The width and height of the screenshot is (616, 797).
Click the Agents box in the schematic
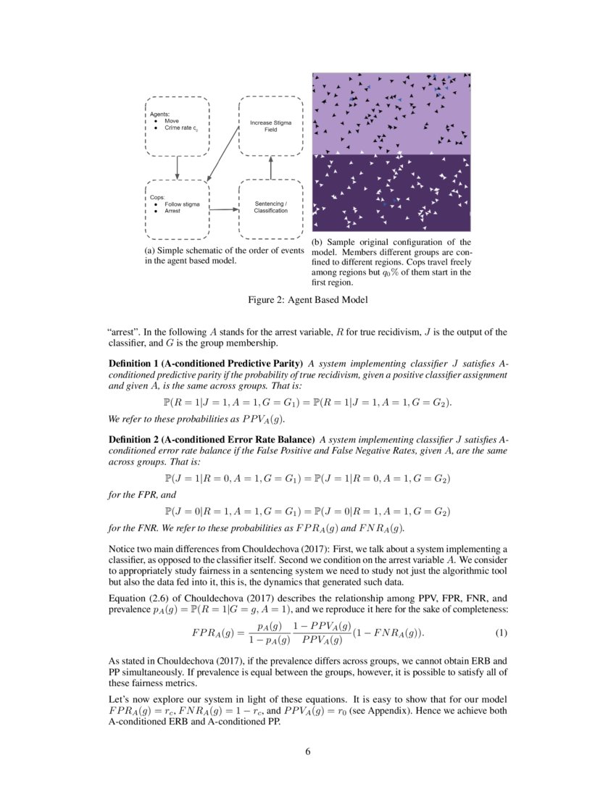pyautogui.click(x=177, y=124)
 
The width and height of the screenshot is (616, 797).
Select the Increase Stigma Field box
pyautogui.click(x=270, y=124)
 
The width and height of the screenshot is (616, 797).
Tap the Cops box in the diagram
pyautogui.click(x=177, y=209)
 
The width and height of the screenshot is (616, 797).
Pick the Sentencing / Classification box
pyautogui.click(x=270, y=209)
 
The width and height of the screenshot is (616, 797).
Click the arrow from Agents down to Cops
pyautogui.click(x=178, y=167)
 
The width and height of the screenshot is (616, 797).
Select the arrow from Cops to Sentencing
pyautogui.click(x=225, y=210)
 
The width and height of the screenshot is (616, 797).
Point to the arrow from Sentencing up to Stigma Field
pyautogui.click(x=271, y=167)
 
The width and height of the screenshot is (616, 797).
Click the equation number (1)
pyautogui.click(x=501, y=633)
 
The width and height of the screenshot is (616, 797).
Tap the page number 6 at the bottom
pyautogui.click(x=307, y=751)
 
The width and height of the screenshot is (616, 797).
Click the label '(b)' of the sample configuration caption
pyautogui.click(x=317, y=242)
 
